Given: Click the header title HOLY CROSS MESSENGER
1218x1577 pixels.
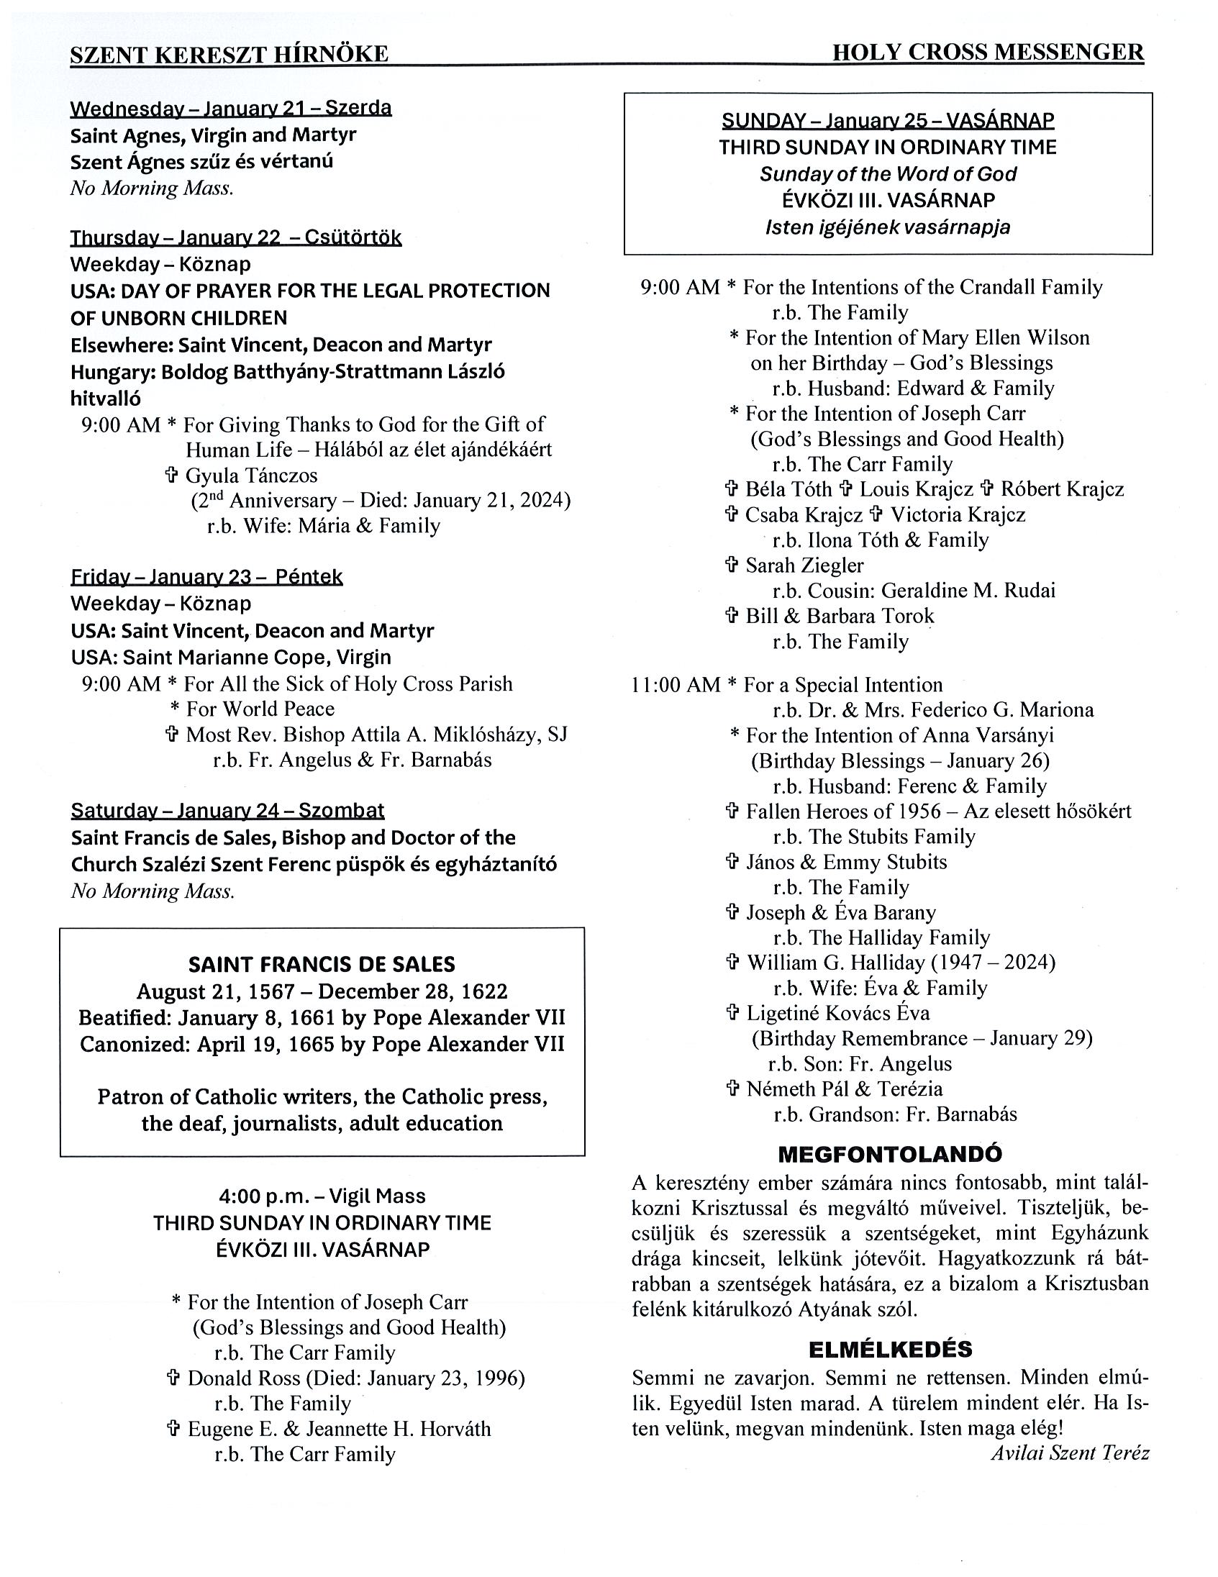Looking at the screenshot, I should click(x=987, y=53).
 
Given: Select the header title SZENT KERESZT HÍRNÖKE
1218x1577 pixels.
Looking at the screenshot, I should click(x=229, y=54).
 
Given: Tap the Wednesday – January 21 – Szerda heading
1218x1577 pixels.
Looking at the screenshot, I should click(x=230, y=109).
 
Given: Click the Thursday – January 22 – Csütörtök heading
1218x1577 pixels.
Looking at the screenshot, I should click(x=235, y=237).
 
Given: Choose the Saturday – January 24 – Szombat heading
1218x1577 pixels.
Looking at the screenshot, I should click(x=227, y=810).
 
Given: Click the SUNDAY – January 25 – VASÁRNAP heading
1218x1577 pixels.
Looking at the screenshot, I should click(x=887, y=120).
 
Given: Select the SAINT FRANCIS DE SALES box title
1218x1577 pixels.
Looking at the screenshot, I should click(x=322, y=964).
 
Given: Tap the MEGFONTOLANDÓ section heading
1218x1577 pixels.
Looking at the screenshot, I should click(x=889, y=1154).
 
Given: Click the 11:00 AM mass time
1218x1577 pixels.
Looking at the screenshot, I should click(x=676, y=684).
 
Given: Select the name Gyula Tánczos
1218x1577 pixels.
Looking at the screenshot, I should click(x=251, y=475).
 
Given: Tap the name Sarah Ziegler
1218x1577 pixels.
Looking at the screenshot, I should click(x=804, y=565).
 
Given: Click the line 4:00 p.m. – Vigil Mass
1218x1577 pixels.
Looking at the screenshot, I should click(x=322, y=1196).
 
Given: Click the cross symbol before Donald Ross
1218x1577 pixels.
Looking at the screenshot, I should click(x=173, y=1378).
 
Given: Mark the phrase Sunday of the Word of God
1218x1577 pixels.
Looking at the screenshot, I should click(x=887, y=174).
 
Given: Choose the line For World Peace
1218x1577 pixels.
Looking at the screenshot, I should click(x=260, y=709).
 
